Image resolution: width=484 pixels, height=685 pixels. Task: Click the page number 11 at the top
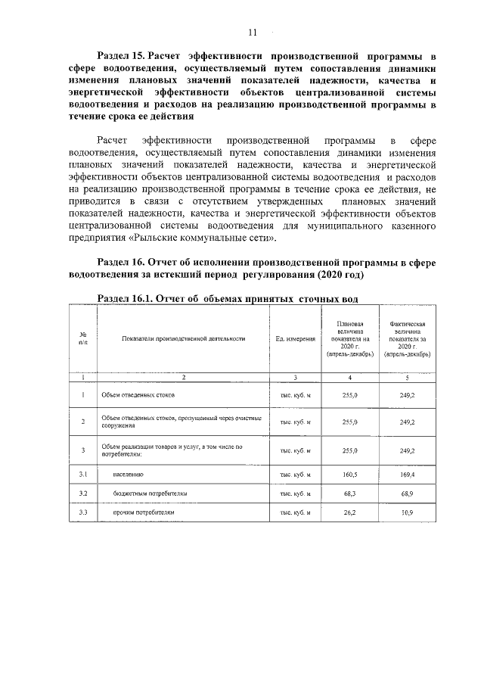point(253,32)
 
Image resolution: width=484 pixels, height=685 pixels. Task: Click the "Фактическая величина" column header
point(408,338)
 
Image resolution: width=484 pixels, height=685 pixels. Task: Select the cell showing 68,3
point(350,493)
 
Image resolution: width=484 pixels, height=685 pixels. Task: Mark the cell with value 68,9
point(408,493)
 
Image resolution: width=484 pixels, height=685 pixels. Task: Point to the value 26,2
point(350,512)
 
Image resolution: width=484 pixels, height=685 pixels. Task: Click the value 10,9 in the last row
point(408,512)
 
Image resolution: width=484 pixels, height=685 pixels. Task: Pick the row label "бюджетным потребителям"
point(150,493)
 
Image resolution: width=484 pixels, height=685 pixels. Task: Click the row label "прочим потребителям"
point(144,512)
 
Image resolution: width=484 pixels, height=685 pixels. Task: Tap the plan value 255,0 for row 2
point(350,422)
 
